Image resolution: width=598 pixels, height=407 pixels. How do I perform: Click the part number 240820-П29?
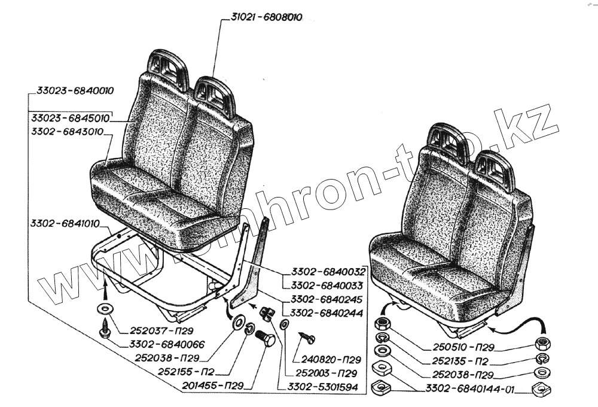(x=331, y=360)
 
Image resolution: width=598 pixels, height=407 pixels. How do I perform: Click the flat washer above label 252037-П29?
(x=105, y=308)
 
